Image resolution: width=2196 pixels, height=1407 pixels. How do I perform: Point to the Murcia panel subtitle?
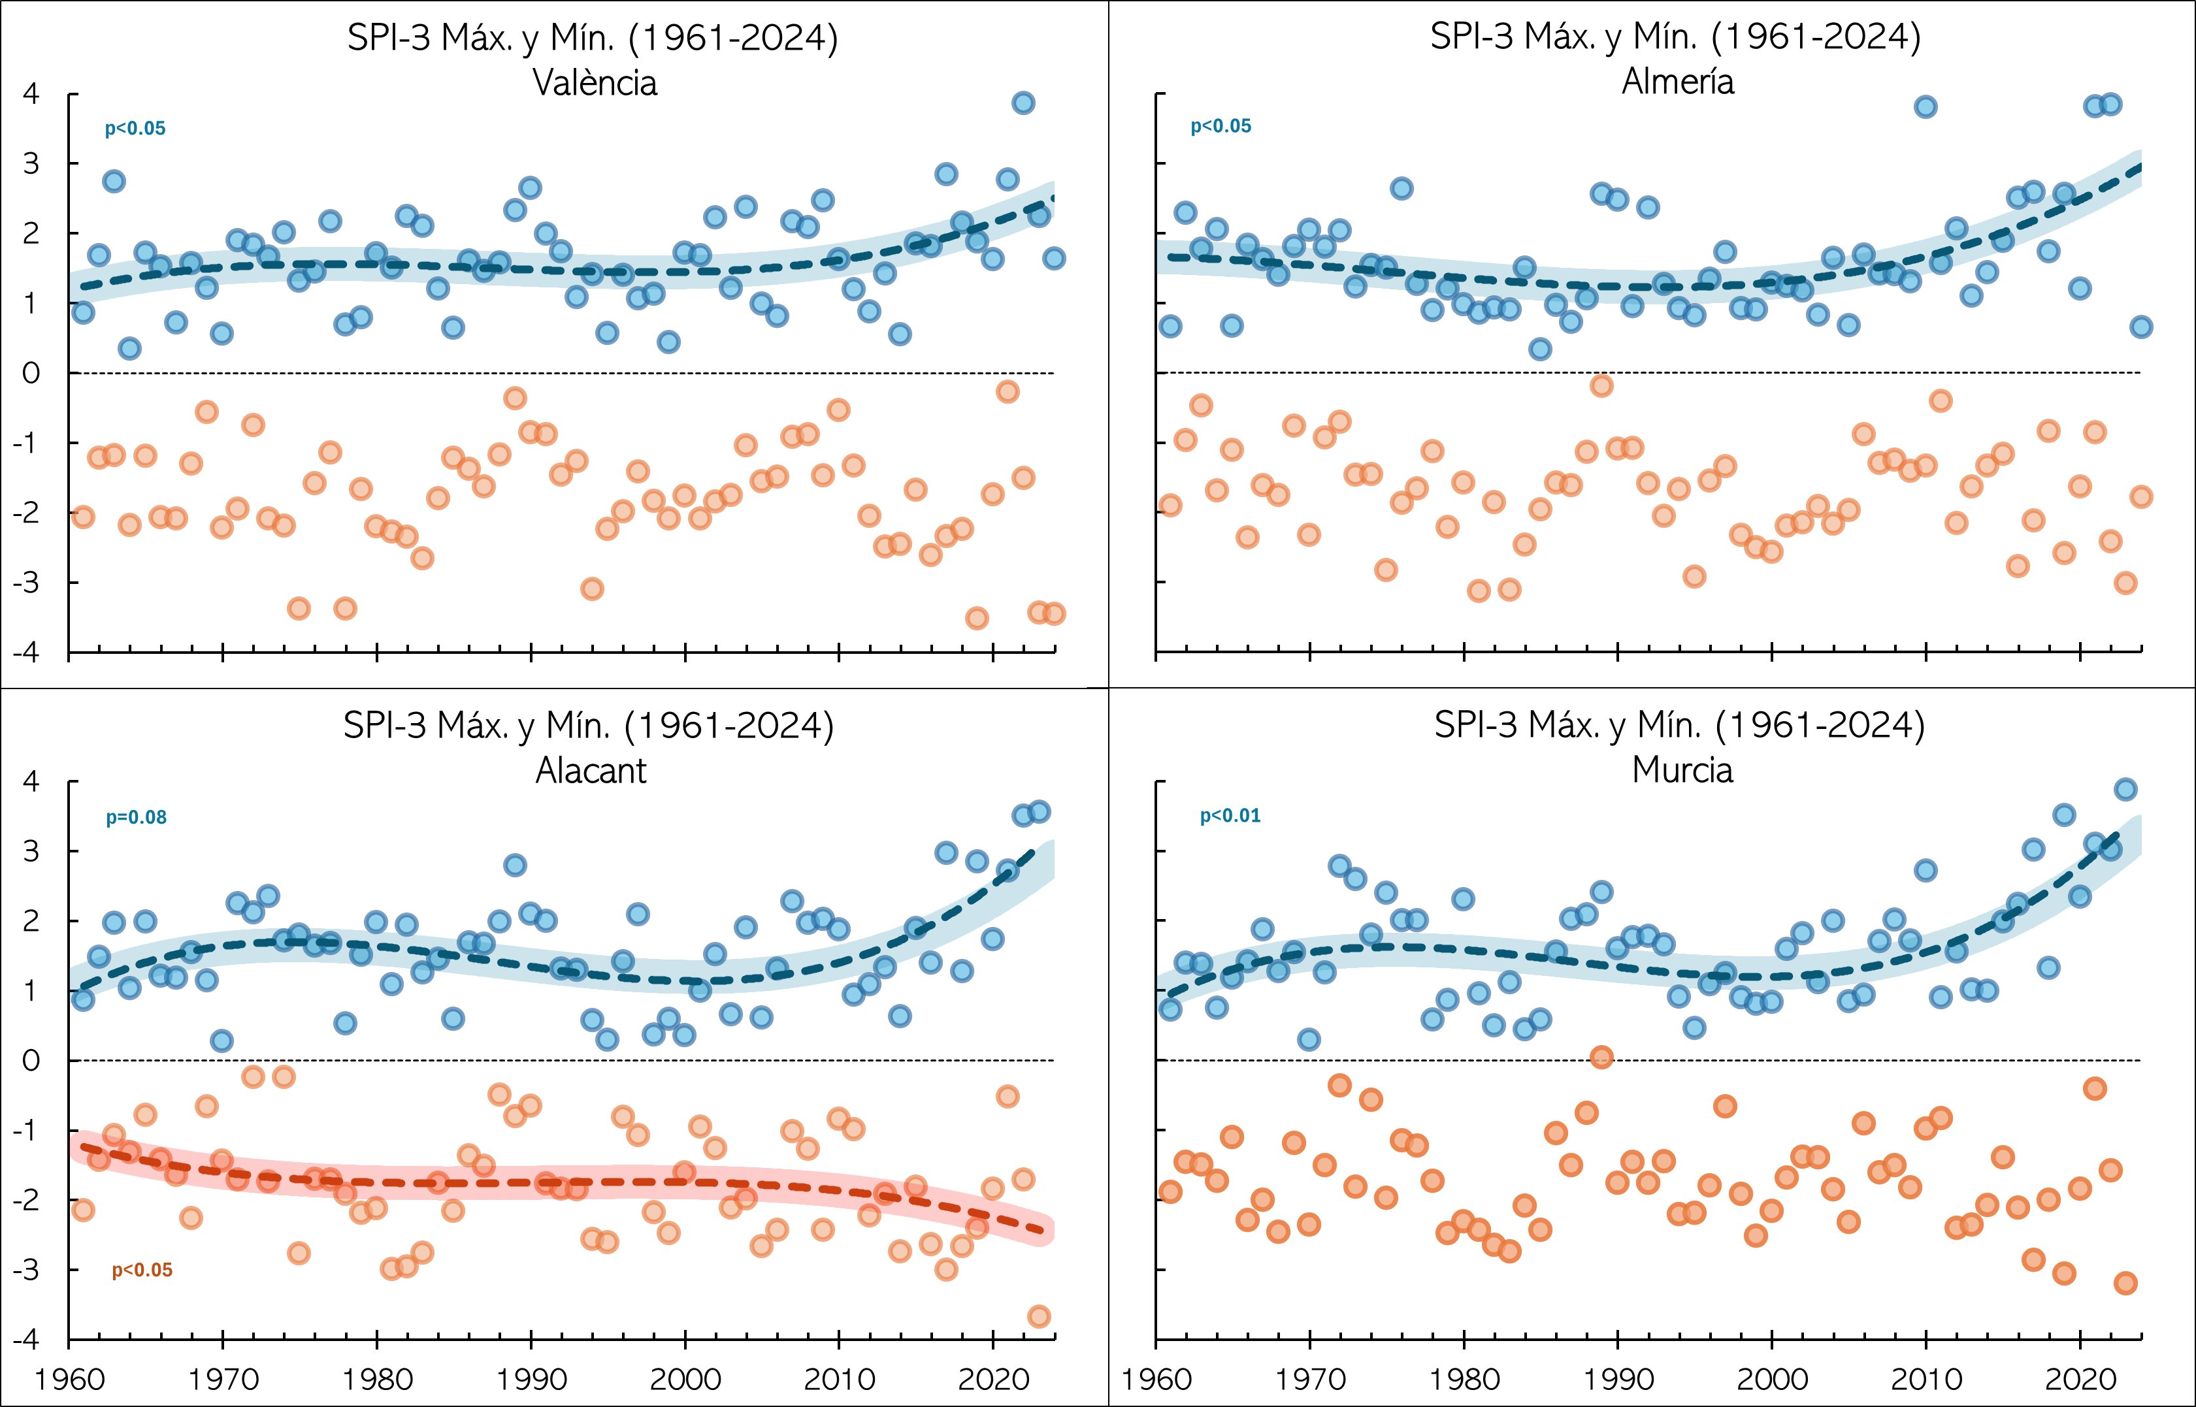click(x=1682, y=770)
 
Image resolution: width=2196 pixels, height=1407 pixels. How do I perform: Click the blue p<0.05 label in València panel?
click(x=135, y=129)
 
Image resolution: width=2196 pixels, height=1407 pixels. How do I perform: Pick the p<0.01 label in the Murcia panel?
click(x=1230, y=816)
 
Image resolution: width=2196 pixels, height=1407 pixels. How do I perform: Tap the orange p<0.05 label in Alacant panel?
click(x=142, y=1270)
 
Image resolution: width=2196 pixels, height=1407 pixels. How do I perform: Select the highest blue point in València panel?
click(x=1024, y=103)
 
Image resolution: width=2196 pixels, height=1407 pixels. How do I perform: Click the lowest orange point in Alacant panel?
click(x=1039, y=1317)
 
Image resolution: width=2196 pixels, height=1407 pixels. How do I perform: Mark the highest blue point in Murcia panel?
click(x=2125, y=789)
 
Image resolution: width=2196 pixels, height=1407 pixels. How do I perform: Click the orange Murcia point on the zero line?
click(x=1601, y=1057)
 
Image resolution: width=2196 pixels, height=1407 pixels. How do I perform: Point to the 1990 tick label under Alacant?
click(x=531, y=1379)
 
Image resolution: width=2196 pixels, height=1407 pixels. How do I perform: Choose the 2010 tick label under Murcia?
click(x=1926, y=1379)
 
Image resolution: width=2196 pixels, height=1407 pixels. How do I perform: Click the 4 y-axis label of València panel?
click(x=31, y=94)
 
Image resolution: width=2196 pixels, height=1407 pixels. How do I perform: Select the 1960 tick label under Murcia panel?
click(x=1156, y=1379)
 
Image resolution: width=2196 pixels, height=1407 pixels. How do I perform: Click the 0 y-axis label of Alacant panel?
click(x=31, y=1061)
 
